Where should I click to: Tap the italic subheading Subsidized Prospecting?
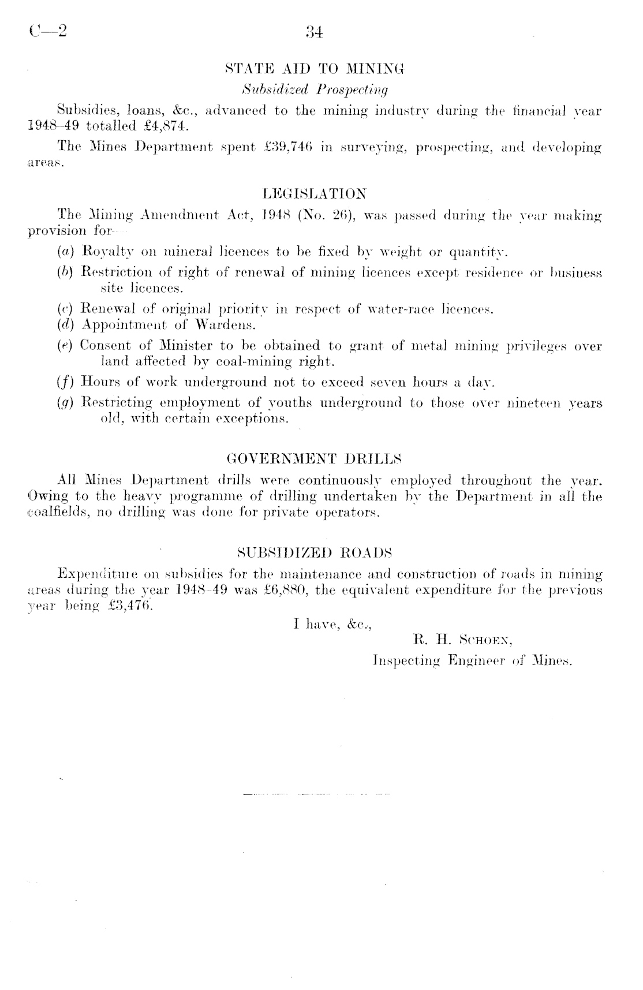coord(315,89)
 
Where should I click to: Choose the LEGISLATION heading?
coord(315,193)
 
